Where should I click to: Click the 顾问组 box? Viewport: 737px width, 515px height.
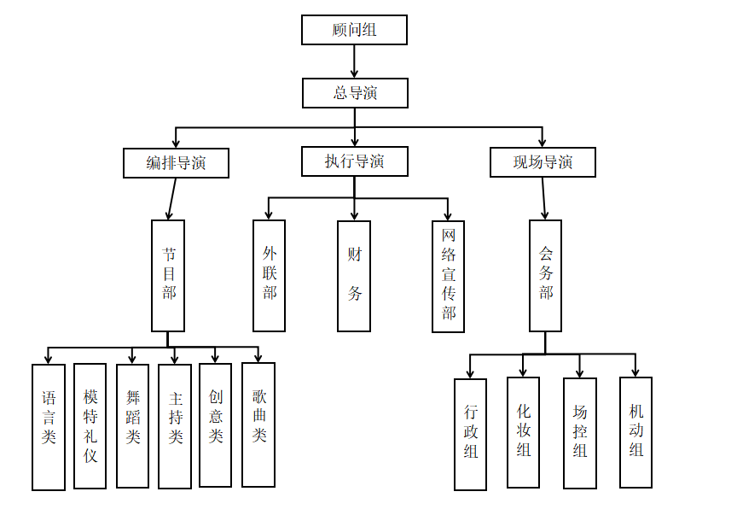point(354,30)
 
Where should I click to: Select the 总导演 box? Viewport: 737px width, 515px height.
point(355,93)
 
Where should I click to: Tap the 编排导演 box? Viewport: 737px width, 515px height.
point(176,163)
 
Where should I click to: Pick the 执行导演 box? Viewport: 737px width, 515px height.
point(354,161)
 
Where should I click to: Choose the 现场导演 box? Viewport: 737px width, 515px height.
point(543,162)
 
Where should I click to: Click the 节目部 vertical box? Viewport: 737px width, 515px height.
point(168,275)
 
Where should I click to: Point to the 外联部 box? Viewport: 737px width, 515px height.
point(270,275)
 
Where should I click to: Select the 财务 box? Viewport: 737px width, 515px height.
point(354,275)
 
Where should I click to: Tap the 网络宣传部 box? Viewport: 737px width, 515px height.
point(449,275)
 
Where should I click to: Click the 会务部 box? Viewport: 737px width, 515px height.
point(545,275)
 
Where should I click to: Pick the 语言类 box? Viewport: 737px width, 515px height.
point(49,427)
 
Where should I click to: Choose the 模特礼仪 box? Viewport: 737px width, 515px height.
point(90,426)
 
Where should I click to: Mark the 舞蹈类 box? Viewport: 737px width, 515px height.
point(132,425)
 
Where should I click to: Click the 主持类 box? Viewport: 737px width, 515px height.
point(175,426)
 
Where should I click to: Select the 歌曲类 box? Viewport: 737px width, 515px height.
point(258,424)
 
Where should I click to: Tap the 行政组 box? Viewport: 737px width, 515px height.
point(471,434)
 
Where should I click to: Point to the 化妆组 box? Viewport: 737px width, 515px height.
point(523,432)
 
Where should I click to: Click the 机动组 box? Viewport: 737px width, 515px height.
point(635,432)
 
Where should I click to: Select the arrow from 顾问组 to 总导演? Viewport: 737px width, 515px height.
point(354,61)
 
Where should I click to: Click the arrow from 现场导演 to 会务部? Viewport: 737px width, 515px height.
point(544,198)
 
